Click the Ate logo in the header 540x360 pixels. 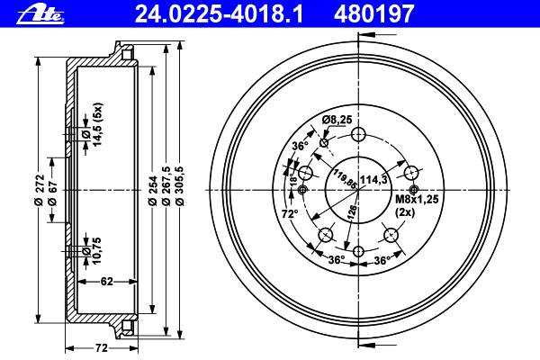(40, 15)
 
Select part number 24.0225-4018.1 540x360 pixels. (219, 14)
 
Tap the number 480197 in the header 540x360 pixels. (373, 14)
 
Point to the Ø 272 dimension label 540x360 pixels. (40, 190)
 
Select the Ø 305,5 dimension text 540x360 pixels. (179, 186)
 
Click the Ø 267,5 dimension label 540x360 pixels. (166, 186)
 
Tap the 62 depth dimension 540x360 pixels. (107, 282)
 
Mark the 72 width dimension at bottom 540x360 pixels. (101, 348)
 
